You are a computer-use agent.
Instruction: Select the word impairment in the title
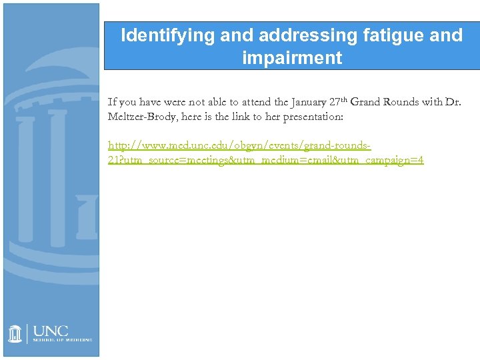point(292,58)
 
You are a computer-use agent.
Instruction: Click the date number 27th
point(336,102)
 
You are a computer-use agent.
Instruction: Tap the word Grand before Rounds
point(365,103)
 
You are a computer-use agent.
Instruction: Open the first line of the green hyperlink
point(239,145)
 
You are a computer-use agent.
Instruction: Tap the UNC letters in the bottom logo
point(50,331)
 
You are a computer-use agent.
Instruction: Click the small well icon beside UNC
point(15,333)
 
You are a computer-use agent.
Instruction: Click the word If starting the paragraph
point(112,103)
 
